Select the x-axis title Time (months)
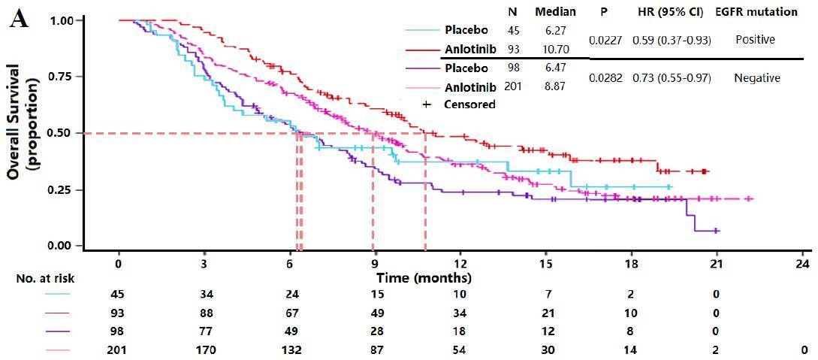[424, 278]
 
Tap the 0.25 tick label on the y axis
[63, 189]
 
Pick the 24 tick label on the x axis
[802, 264]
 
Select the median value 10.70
[555, 51]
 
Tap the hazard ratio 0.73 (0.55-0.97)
[672, 78]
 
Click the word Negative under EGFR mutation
[756, 78]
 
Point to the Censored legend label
[469, 104]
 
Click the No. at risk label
[45, 278]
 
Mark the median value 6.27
[555, 30]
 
